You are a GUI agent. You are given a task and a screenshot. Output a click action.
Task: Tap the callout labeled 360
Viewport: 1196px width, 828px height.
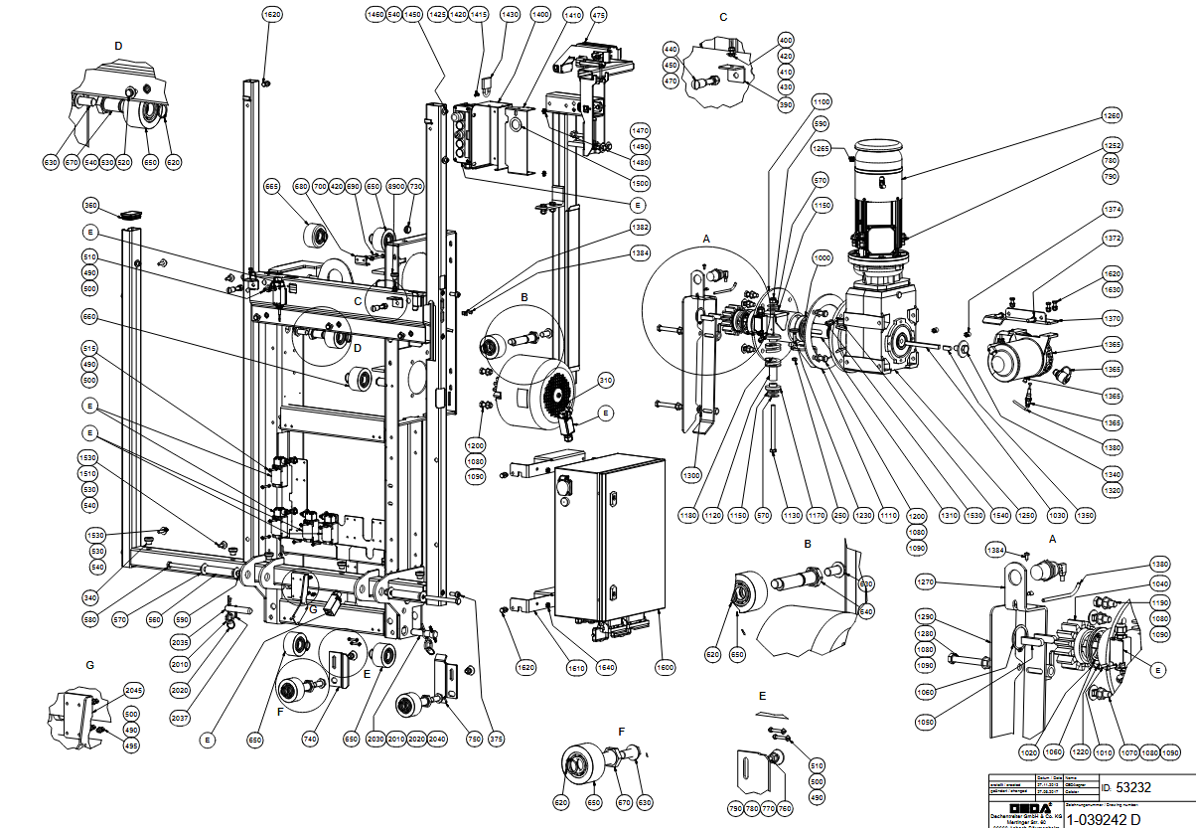click(x=90, y=206)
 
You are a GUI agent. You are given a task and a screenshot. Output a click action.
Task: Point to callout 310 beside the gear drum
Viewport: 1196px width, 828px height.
click(x=605, y=381)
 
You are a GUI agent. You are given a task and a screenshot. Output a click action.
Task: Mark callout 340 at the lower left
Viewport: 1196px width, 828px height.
click(x=90, y=597)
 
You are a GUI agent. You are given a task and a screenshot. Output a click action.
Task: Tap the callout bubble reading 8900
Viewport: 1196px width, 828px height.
click(x=394, y=187)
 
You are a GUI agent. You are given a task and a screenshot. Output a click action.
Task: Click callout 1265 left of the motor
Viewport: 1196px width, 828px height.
click(x=821, y=148)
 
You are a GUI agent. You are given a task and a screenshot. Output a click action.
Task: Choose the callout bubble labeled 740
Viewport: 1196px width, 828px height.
click(x=311, y=740)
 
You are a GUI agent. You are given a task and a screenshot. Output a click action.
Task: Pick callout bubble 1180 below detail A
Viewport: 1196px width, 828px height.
click(x=687, y=515)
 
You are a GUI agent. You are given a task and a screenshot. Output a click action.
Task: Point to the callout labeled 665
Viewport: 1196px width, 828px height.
click(x=271, y=187)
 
